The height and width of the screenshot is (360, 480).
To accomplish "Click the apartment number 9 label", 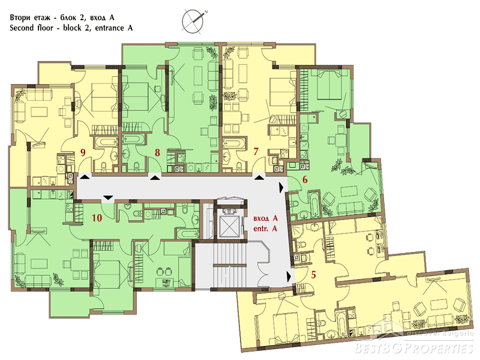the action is coord(83,152).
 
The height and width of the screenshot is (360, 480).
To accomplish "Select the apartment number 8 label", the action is coord(157,152).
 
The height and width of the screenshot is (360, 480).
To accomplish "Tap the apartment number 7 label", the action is coord(256,151).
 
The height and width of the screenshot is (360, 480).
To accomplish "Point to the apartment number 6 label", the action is coord(305,179).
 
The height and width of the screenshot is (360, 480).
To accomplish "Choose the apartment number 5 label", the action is coord(313,275).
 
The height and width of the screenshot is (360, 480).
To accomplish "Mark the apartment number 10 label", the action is coord(97,218).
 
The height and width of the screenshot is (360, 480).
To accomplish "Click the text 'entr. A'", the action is coord(265,229).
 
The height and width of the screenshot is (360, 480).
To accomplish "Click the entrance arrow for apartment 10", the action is coord(108,197).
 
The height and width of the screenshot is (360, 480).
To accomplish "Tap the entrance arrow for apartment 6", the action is coord(281,188).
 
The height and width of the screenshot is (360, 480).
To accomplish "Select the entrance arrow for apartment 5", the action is coord(289,276).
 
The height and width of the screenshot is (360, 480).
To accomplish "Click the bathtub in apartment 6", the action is coord(314,204).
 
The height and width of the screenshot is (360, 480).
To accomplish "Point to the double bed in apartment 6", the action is coord(329,84).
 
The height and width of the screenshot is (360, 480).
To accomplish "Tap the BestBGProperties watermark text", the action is coord(414,349).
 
